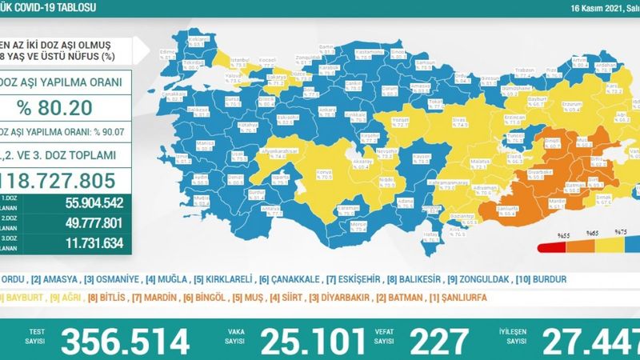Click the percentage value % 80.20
60,107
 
